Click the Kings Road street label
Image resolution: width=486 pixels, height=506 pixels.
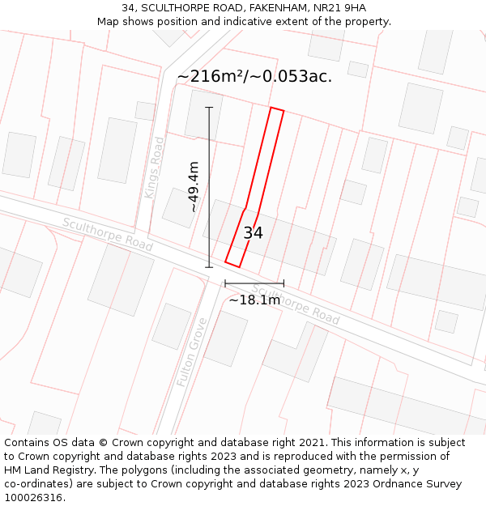tap(154, 168)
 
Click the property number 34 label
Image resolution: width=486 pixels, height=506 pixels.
tap(253, 233)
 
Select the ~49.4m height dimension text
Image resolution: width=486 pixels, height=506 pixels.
tap(194, 187)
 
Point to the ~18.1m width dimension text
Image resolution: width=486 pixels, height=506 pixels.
tap(254, 300)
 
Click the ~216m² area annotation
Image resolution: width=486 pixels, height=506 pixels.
tap(254, 77)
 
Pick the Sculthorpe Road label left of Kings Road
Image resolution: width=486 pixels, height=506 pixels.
tap(107, 234)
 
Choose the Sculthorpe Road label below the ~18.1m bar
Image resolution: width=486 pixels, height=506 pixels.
tap(295, 304)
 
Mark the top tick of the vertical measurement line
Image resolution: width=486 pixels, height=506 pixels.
tap(209, 107)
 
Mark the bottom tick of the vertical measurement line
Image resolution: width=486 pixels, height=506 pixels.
tap(209, 267)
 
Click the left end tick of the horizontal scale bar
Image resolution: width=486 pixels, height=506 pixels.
tap(225, 283)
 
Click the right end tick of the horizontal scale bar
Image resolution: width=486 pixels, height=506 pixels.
tap(283, 283)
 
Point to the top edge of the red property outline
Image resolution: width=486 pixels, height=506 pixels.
tap(276, 109)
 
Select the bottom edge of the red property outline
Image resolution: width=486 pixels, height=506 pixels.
tap(232, 264)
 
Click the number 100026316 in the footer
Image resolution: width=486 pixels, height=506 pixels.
tap(32, 498)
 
